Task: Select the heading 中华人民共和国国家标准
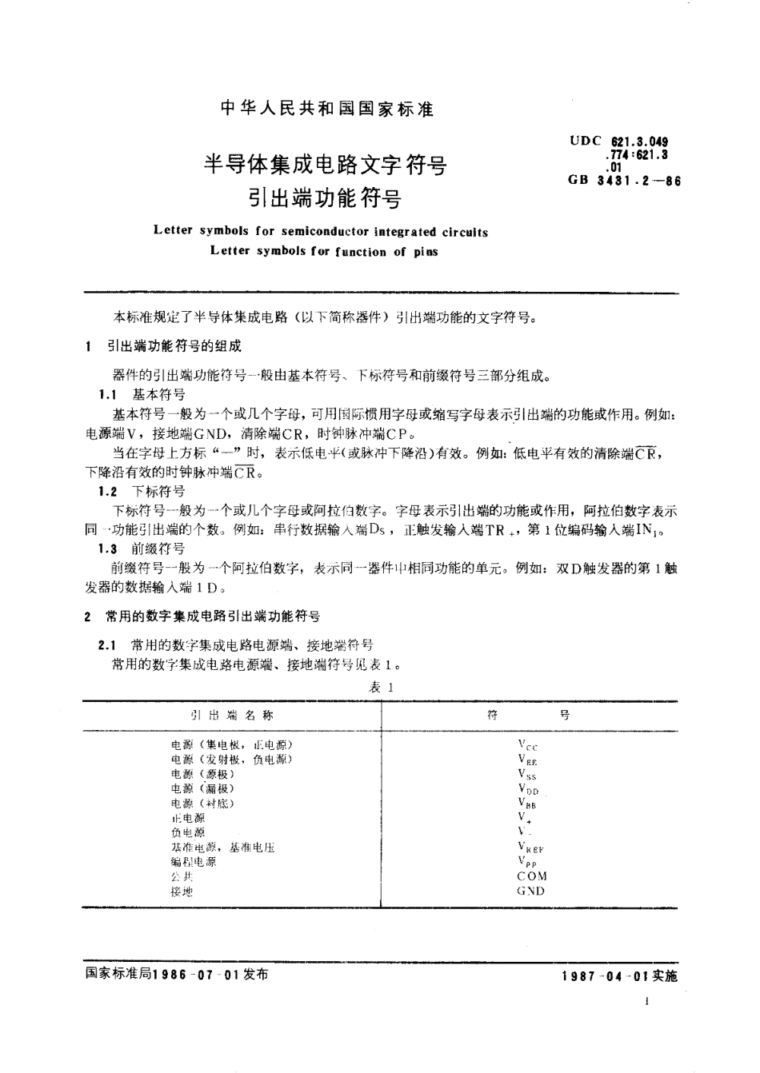click(326, 110)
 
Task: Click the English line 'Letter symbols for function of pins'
click(324, 250)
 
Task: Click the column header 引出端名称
click(231, 716)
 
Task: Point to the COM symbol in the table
click(532, 876)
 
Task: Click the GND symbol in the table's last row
click(532, 891)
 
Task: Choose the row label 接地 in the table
click(182, 891)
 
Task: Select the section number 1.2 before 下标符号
click(108, 490)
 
